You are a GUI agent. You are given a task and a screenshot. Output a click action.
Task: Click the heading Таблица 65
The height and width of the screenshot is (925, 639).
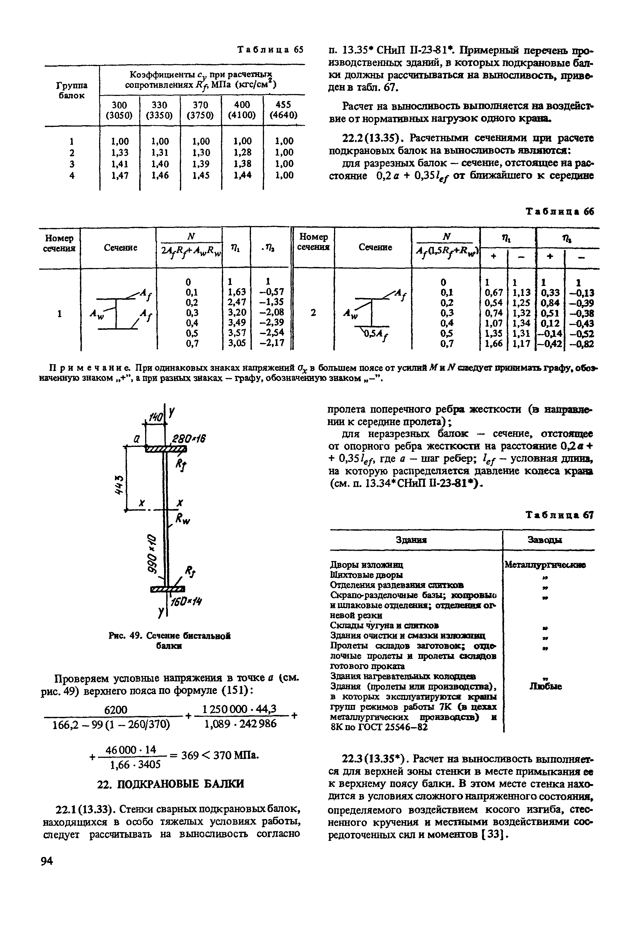[x=271, y=50]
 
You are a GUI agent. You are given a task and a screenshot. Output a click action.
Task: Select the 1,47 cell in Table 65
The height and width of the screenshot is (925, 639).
[x=120, y=175]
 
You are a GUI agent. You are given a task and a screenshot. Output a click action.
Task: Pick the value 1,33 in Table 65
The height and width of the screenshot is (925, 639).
[x=120, y=153]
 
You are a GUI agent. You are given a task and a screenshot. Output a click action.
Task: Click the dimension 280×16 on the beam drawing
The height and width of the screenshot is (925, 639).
[x=188, y=439]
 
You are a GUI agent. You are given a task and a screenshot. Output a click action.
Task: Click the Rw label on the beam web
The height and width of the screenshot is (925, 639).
[x=184, y=520]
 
